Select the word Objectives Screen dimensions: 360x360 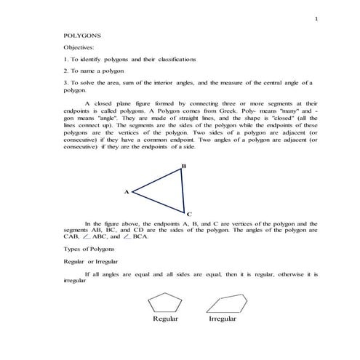[x=79, y=47]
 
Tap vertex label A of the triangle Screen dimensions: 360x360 [x=127, y=192]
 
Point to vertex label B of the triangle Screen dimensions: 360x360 [x=185, y=167]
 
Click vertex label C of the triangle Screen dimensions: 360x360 [x=189, y=215]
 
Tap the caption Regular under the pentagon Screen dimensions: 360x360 [x=166, y=319]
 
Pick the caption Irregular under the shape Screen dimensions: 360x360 [x=222, y=319]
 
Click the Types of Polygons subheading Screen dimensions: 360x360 [x=89, y=249]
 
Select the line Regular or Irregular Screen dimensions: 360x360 [x=92, y=261]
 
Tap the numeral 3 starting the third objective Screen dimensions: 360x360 [x=65, y=84]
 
